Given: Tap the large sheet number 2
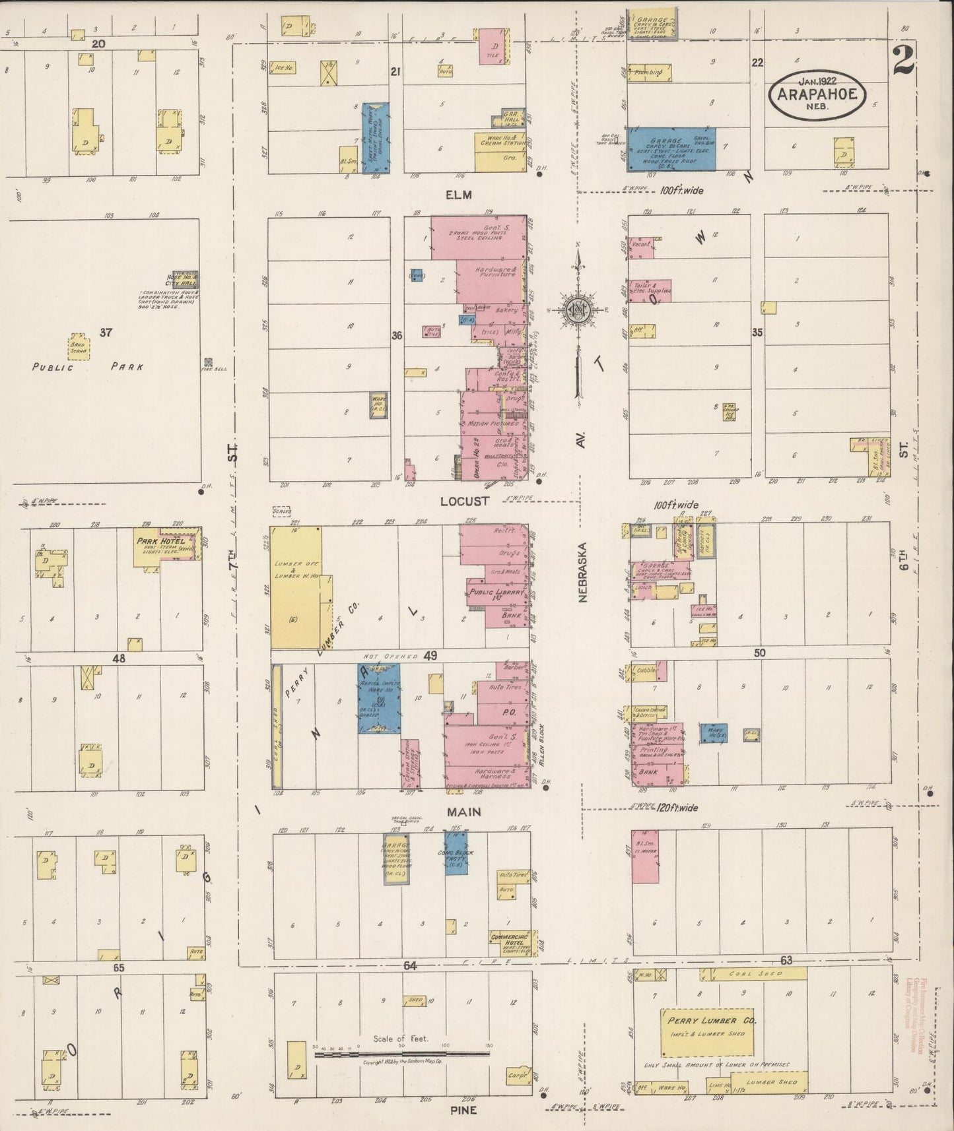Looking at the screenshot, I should pos(903,61).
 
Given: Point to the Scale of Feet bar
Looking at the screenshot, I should pos(401,1054).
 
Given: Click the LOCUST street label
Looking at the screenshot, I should pos(465,501).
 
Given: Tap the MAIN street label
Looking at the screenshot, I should pos(465,812).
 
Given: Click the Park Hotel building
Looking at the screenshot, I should pos(165,546).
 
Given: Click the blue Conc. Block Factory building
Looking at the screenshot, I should pos(456,853).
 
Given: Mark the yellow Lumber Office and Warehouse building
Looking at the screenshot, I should pos(296,587).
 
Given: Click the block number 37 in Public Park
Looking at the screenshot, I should pos(106,333).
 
